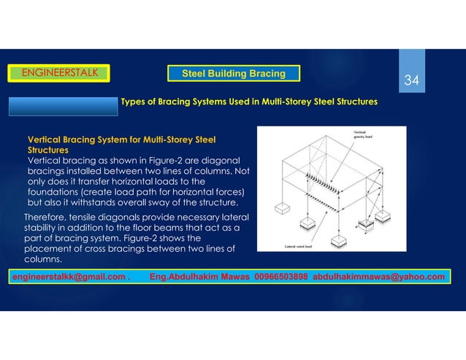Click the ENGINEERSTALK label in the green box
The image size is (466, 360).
click(x=58, y=72)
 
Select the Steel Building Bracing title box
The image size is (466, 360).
click(x=232, y=73)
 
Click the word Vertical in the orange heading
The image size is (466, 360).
click(x=44, y=139)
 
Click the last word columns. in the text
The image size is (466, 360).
click(x=44, y=259)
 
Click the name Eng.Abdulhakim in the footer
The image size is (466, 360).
click(x=183, y=277)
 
